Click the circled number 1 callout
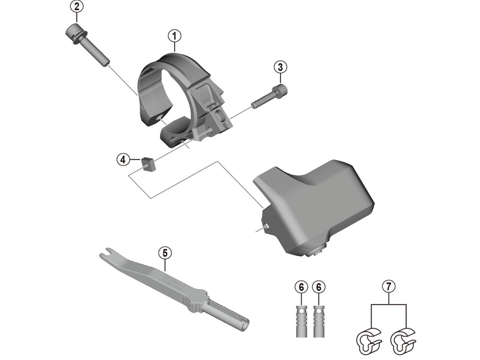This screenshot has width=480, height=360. [x=174, y=35]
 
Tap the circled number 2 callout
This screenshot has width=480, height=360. [x=76, y=7]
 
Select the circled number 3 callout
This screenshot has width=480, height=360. [x=280, y=67]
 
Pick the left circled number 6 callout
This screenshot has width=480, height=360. [x=301, y=286]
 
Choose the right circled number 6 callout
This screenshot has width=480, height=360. [x=320, y=286]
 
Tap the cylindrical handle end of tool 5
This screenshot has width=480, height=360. [x=230, y=316]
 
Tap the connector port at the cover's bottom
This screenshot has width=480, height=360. [x=315, y=253]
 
